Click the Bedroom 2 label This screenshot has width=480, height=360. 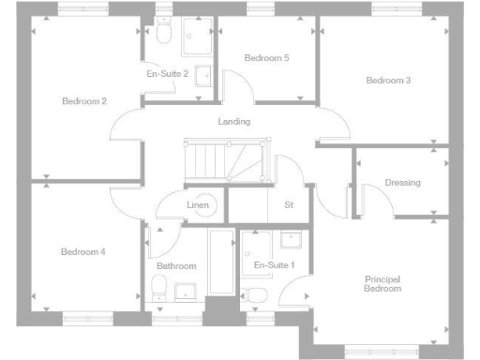coord(83,101)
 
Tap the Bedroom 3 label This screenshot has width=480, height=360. coord(388,81)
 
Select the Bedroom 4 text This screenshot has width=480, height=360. coord(82,251)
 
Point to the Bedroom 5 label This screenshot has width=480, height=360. coord(266,58)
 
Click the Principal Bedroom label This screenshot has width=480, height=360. coord(382,284)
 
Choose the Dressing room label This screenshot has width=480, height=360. coord(402,183)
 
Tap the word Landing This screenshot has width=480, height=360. coord(233,122)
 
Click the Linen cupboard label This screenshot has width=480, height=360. coord(198,204)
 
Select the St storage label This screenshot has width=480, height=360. coord(287,204)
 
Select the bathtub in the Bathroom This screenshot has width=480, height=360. coord(221,262)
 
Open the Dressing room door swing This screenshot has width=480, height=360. coord(372,197)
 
